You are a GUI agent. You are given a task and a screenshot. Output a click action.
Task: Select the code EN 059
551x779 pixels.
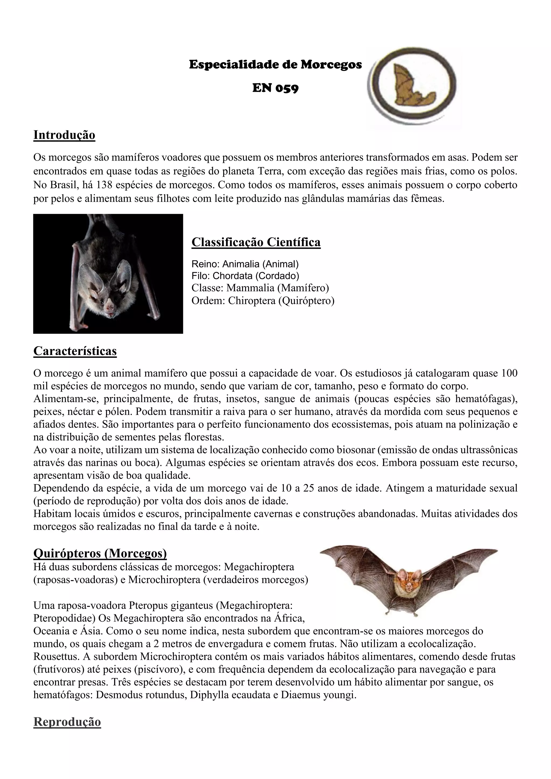coord(275,88)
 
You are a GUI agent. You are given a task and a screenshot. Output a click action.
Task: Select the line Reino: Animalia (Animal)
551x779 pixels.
coord(245,264)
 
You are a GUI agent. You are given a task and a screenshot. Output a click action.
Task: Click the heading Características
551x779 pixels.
coord(75,351)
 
